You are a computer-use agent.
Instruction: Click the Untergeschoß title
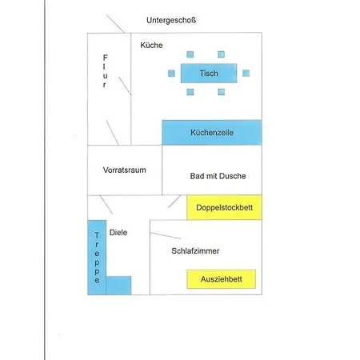(171, 20)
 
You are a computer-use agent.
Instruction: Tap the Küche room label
(151, 45)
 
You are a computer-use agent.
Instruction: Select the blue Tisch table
(209, 73)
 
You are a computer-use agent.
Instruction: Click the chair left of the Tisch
(171, 73)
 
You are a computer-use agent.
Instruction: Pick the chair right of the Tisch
(246, 73)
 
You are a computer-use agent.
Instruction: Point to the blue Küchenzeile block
(212, 133)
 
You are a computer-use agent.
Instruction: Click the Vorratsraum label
(125, 170)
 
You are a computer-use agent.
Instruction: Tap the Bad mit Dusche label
(218, 176)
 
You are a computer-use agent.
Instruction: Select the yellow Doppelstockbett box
(224, 207)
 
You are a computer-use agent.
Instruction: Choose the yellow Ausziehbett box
(222, 279)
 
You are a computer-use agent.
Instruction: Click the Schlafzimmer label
(195, 251)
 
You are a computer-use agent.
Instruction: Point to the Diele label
(118, 233)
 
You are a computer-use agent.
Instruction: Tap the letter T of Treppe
(97, 235)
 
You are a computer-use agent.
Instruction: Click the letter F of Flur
(106, 58)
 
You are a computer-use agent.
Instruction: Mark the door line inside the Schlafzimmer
(166, 236)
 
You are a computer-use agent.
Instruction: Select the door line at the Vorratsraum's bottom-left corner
(106, 205)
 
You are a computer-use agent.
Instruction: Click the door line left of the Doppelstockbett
(174, 202)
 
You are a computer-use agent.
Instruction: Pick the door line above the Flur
(115, 24)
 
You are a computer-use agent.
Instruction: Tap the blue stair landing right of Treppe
(118, 286)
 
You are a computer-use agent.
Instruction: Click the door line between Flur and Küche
(125, 86)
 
